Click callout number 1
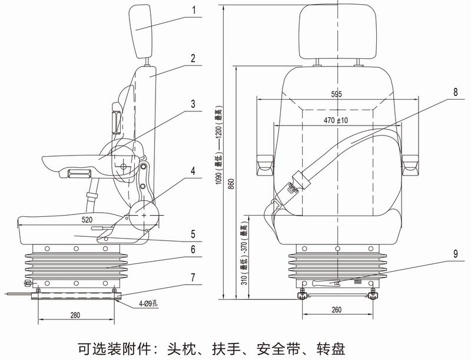pos(193,11)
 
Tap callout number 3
pos(193,103)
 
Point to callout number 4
pos(193,172)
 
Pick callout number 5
pos(193,234)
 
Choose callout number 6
pos(193,250)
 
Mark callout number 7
pos(193,277)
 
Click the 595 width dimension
pos(336,94)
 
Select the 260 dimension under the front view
pos(336,309)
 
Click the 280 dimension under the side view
pos(75,315)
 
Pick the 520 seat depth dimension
pos(87,219)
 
